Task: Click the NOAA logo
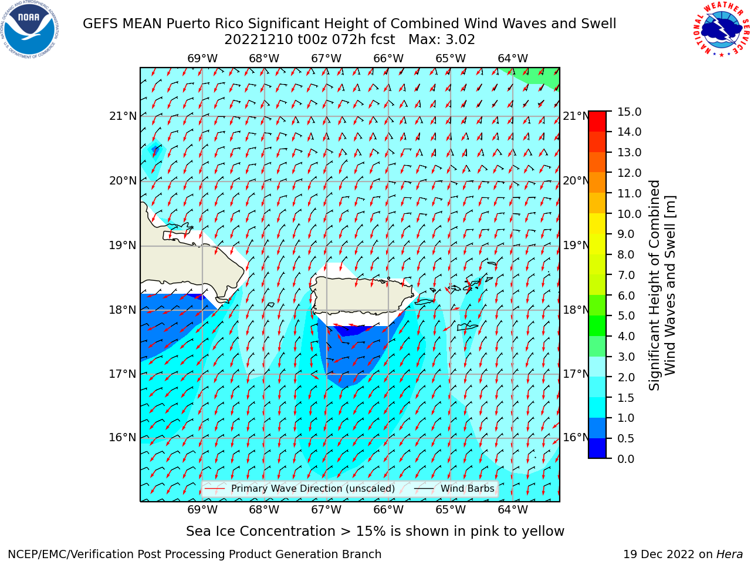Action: (30, 29)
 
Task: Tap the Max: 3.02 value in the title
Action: (441, 40)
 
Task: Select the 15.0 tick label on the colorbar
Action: (629, 112)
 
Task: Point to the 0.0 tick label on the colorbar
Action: (626, 459)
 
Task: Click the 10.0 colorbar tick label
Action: (629, 214)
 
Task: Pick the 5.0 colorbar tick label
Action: (626, 315)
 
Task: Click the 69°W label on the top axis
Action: (202, 59)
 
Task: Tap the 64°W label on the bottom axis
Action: (513, 509)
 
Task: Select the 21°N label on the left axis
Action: (123, 116)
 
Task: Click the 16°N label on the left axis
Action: (123, 438)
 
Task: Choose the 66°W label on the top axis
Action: (388, 59)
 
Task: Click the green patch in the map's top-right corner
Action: (539, 76)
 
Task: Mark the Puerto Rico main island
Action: (363, 295)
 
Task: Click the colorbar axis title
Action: (662, 286)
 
